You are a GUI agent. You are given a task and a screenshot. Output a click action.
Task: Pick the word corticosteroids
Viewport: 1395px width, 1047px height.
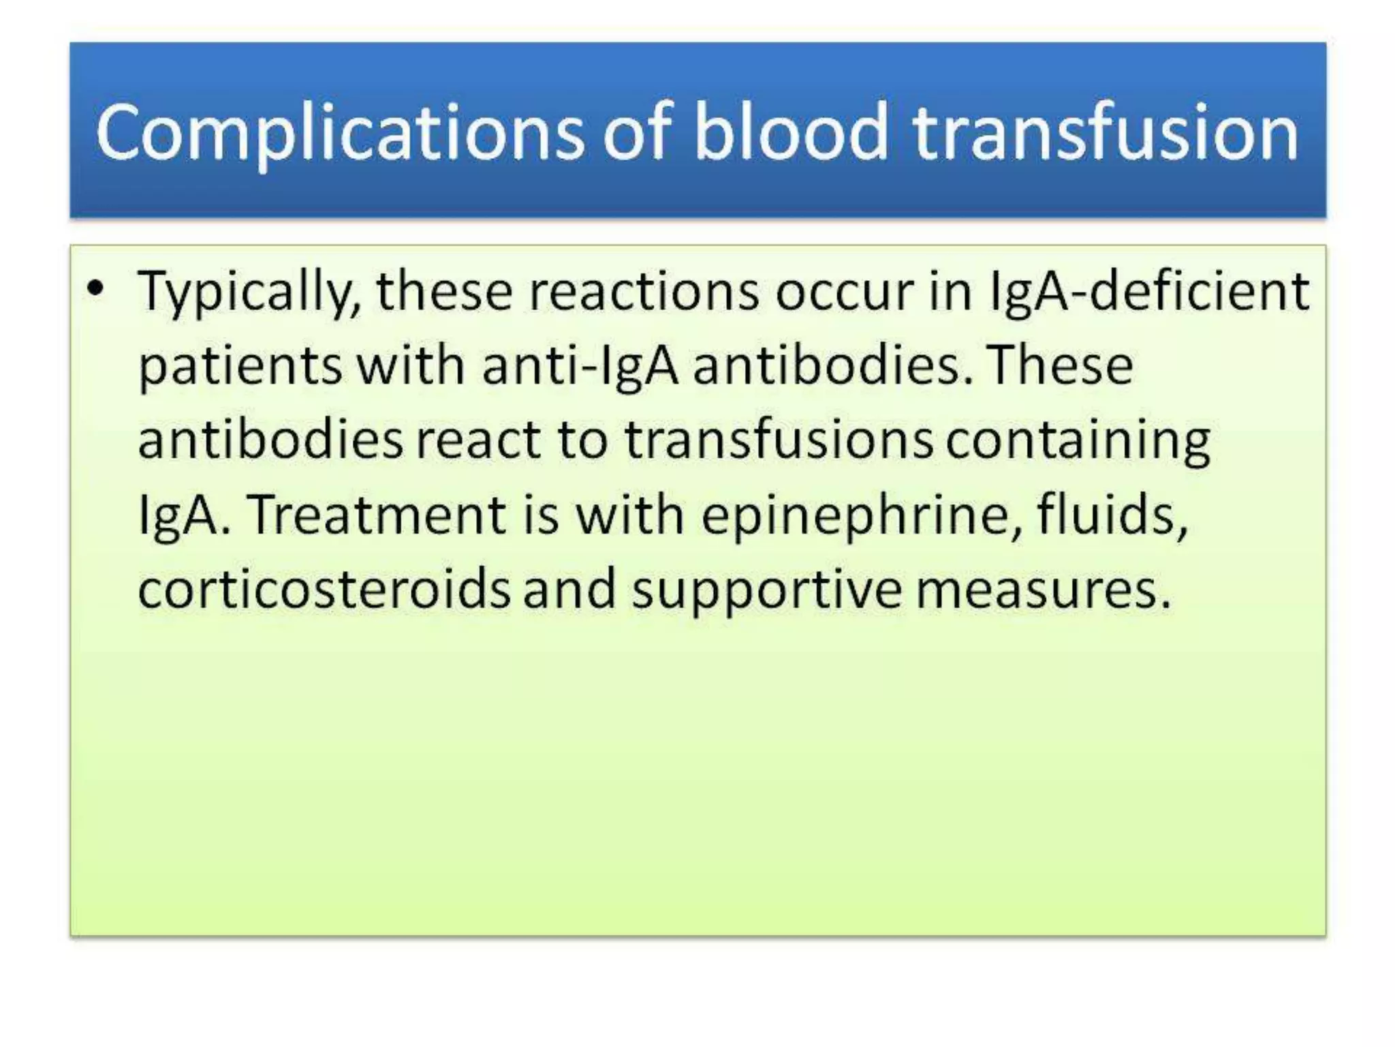tap(324, 589)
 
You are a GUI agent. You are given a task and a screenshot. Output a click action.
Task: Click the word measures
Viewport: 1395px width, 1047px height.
tap(1043, 590)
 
